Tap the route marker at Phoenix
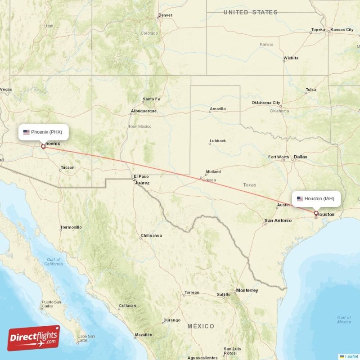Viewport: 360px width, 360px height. coord(43,146)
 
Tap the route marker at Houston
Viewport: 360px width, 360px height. coord(316,213)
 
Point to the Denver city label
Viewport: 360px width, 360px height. coord(165,15)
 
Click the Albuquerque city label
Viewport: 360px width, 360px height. coord(144,111)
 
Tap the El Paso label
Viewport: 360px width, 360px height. coord(140,176)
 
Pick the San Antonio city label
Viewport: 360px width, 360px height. coord(278,220)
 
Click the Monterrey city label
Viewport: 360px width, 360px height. coord(247,291)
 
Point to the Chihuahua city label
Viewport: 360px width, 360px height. coord(151,235)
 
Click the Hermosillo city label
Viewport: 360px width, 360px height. coord(71,227)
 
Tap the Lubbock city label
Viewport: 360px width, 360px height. coord(218,141)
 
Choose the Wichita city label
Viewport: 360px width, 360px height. coord(290,58)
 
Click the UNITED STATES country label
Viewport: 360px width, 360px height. coord(250,12)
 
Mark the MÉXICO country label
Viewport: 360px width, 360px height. coord(201,326)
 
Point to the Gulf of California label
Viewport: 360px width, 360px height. coord(54,262)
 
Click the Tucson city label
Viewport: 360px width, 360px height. coord(67,167)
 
